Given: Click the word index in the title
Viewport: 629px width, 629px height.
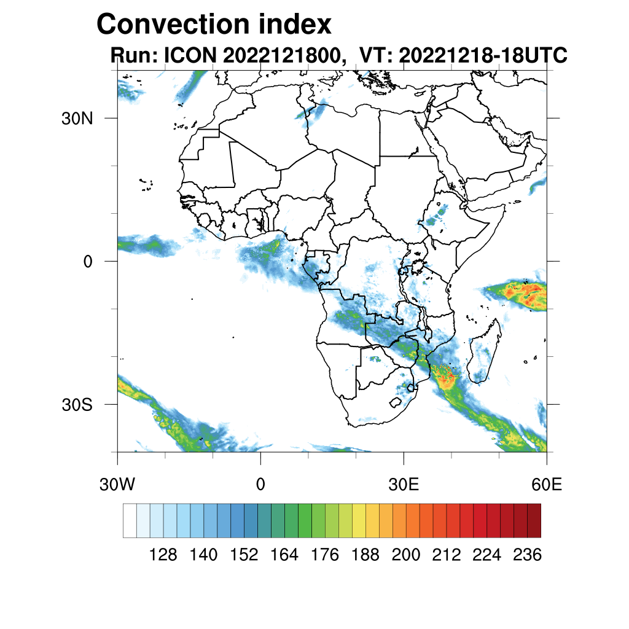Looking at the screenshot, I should click(x=295, y=25).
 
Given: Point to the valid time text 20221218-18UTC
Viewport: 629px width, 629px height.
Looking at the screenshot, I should click(x=482, y=55).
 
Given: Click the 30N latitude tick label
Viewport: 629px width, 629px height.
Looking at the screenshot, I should click(x=76, y=119).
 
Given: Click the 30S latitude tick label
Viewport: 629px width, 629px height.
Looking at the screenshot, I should click(x=76, y=405).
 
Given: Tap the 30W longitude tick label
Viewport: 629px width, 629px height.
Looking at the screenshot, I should click(x=117, y=485).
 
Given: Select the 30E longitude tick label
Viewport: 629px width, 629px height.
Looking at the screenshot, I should click(x=404, y=485).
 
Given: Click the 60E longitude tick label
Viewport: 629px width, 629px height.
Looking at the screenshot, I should click(x=547, y=485).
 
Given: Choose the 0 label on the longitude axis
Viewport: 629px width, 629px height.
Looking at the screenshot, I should click(x=260, y=485).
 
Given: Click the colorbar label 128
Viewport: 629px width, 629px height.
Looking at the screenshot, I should click(x=163, y=555).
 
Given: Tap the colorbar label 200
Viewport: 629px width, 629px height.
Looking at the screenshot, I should click(x=406, y=555).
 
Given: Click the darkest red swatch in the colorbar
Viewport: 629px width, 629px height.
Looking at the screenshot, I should click(x=534, y=520).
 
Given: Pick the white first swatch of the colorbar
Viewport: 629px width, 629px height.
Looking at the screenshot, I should click(x=130, y=520).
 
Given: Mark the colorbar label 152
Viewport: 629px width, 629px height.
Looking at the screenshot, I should click(x=244, y=555).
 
